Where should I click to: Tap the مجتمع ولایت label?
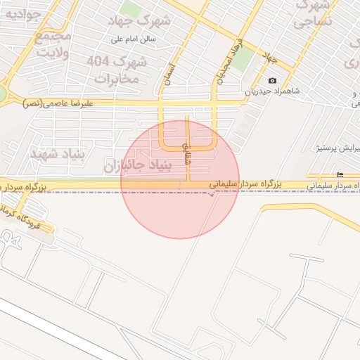53,44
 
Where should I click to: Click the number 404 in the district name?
100,62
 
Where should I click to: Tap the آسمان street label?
168,72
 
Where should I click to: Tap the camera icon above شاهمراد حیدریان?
273,80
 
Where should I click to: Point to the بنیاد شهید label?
58,154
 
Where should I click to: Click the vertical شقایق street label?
186,150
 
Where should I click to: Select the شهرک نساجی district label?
313,14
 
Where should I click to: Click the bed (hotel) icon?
340,175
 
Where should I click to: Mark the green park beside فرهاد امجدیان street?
242,60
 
